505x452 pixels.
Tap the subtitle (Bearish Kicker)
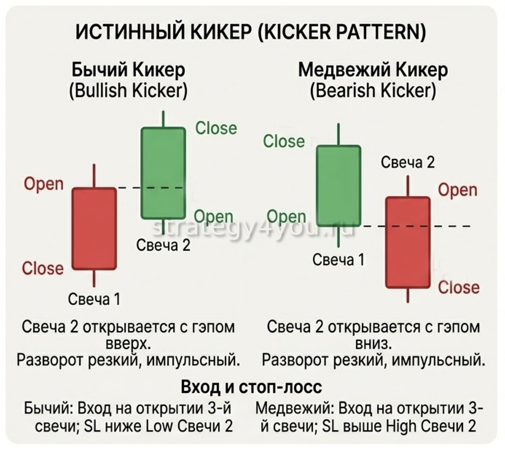(x=373, y=90)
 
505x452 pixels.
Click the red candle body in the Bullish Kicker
(x=94, y=229)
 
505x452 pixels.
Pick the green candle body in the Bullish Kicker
(x=163, y=173)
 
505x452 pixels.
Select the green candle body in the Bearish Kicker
(x=338, y=186)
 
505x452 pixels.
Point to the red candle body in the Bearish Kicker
(x=408, y=243)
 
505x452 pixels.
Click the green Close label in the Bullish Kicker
(x=216, y=128)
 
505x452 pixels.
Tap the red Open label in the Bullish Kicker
(x=44, y=184)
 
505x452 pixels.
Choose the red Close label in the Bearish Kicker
(x=458, y=287)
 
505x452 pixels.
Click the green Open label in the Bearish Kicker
(x=286, y=217)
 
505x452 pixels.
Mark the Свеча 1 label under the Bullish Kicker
(x=94, y=299)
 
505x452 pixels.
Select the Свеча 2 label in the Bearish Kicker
(x=408, y=162)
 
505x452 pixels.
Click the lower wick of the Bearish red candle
(x=408, y=295)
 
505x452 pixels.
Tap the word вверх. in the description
(x=128, y=344)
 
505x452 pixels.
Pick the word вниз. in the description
(x=373, y=344)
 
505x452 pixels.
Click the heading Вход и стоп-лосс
(x=251, y=387)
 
